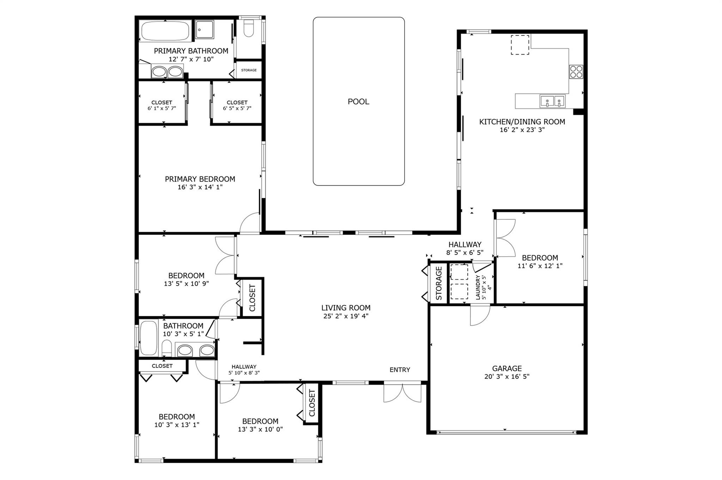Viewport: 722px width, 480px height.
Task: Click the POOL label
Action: [x=359, y=102]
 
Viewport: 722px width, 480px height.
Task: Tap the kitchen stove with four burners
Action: [x=576, y=71]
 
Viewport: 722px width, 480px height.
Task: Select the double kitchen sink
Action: [x=552, y=101]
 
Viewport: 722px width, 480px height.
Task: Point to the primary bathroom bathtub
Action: [x=166, y=31]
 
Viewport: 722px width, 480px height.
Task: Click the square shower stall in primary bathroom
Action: [x=204, y=29]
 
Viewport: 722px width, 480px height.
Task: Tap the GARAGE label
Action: [x=507, y=368]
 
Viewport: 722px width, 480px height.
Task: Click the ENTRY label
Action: [x=400, y=370]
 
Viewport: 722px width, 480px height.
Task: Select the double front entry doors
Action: [x=402, y=392]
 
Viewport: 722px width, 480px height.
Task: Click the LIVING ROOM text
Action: [x=346, y=308]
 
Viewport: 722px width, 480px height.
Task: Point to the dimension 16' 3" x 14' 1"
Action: [x=200, y=187]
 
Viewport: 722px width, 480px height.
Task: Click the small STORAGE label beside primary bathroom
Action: [x=249, y=70]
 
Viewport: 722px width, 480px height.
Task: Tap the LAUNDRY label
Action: [x=478, y=287]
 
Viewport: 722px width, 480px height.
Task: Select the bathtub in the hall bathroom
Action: [x=149, y=338]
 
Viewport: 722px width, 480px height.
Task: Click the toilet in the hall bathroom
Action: [x=167, y=348]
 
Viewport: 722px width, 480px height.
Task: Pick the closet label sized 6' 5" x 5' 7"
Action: [x=237, y=105]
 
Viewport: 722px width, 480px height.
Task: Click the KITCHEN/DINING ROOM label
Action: [x=522, y=122]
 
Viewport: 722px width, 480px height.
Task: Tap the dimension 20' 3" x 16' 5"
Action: [x=507, y=376]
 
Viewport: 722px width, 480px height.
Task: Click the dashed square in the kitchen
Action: [x=520, y=45]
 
